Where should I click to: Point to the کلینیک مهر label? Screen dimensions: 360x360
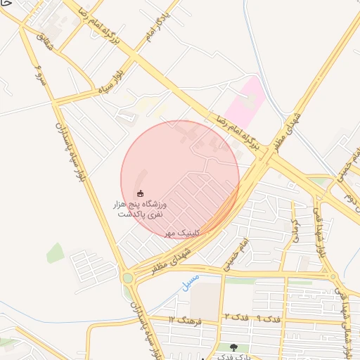(183, 232)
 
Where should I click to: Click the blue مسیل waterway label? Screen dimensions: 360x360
(189, 281)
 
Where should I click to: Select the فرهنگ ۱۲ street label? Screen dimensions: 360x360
(185, 320)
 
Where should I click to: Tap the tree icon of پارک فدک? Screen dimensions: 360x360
(233, 347)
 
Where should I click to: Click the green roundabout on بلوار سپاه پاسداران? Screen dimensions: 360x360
(127, 278)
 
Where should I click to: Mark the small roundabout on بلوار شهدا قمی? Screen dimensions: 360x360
(333, 276)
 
